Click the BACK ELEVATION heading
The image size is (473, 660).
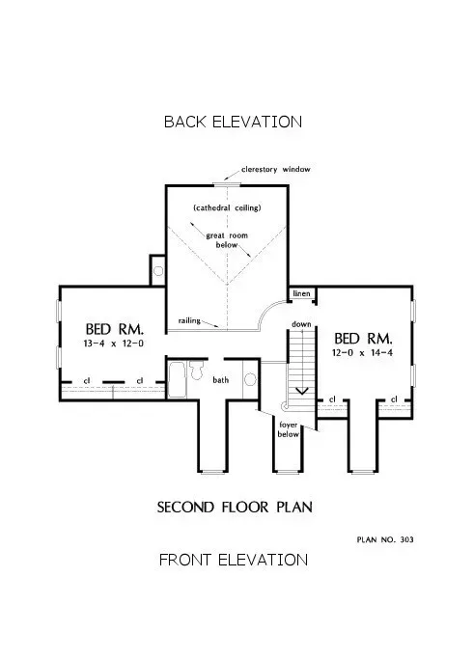233,122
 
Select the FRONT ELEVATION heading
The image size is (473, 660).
233,560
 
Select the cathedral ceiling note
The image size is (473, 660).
227,207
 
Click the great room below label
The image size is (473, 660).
227,239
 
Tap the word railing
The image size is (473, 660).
189,320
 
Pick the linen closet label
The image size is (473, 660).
301,292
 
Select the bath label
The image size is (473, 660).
221,380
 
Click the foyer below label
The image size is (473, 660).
289,429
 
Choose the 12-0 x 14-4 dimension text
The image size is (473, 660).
363,355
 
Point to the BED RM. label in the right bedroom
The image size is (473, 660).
363,339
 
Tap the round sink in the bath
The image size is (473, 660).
249,379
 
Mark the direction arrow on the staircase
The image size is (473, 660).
302,391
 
